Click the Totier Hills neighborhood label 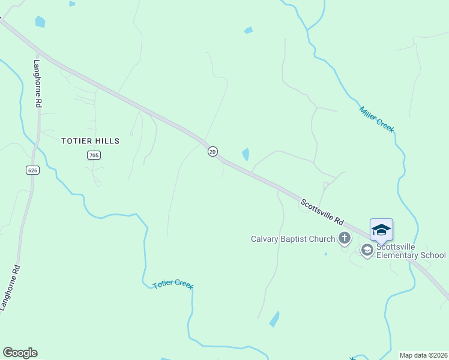point(91,141)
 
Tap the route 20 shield point(212,152)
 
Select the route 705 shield point(93,155)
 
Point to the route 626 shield point(33,170)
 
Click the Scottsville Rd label point(322,212)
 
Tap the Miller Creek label point(376,119)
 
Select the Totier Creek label point(173,284)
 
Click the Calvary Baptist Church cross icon point(345,239)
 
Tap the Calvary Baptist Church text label point(292,239)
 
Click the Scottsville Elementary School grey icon point(367,250)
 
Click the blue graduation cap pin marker point(381,230)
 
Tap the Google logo point(20,353)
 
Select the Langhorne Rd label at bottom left point(9,289)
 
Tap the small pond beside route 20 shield point(246,154)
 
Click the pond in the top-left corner point(40,22)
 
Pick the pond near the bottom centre point(274,319)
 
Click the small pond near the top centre point(249,30)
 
